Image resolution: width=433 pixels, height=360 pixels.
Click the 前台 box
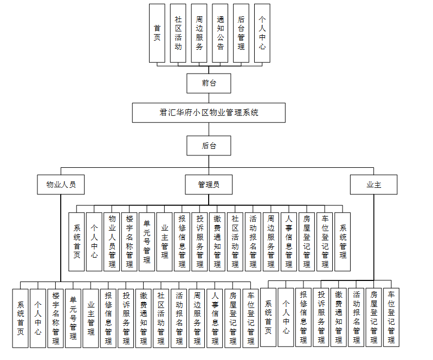(209, 83)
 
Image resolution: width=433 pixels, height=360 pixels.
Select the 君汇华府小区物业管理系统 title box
(209, 113)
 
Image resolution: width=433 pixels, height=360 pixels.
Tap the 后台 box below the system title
(209, 146)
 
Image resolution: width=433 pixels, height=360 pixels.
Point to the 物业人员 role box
(61, 185)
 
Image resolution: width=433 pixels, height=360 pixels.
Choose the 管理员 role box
(209, 185)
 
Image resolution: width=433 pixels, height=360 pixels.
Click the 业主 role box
(373, 185)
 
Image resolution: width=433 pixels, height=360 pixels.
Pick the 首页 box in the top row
(157, 33)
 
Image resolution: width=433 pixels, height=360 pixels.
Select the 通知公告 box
(221, 33)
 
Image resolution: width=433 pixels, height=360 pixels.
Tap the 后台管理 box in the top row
(241, 33)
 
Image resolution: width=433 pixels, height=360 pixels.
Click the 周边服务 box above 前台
(199, 33)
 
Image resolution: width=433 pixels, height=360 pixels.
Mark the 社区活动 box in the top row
(178, 33)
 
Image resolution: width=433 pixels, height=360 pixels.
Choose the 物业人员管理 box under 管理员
(112, 241)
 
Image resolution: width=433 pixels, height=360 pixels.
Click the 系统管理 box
(342, 241)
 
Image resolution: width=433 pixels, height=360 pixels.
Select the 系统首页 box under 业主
(268, 317)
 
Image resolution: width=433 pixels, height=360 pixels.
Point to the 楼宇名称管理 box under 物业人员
(55, 318)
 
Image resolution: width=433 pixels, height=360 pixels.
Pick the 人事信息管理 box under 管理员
(289, 241)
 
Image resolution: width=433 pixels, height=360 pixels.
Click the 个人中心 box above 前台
(262, 33)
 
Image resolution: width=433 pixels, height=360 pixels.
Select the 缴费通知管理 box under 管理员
(217, 241)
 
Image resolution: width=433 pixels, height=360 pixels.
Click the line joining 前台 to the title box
(209, 98)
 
